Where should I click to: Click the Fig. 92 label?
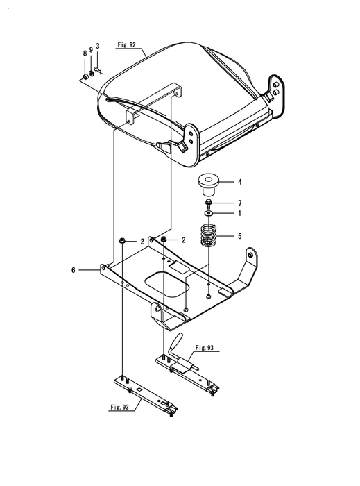pyautogui.click(x=126, y=45)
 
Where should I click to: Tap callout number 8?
pyautogui.click(x=85, y=53)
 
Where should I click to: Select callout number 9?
pyautogui.click(x=91, y=49)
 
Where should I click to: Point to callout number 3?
pyautogui.click(x=98, y=46)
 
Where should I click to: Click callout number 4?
pyautogui.click(x=239, y=182)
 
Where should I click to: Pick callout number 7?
pyautogui.click(x=239, y=203)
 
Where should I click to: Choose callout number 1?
pyautogui.click(x=239, y=213)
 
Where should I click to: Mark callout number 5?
pyautogui.click(x=239, y=236)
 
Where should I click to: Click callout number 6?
pyautogui.click(x=74, y=270)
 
